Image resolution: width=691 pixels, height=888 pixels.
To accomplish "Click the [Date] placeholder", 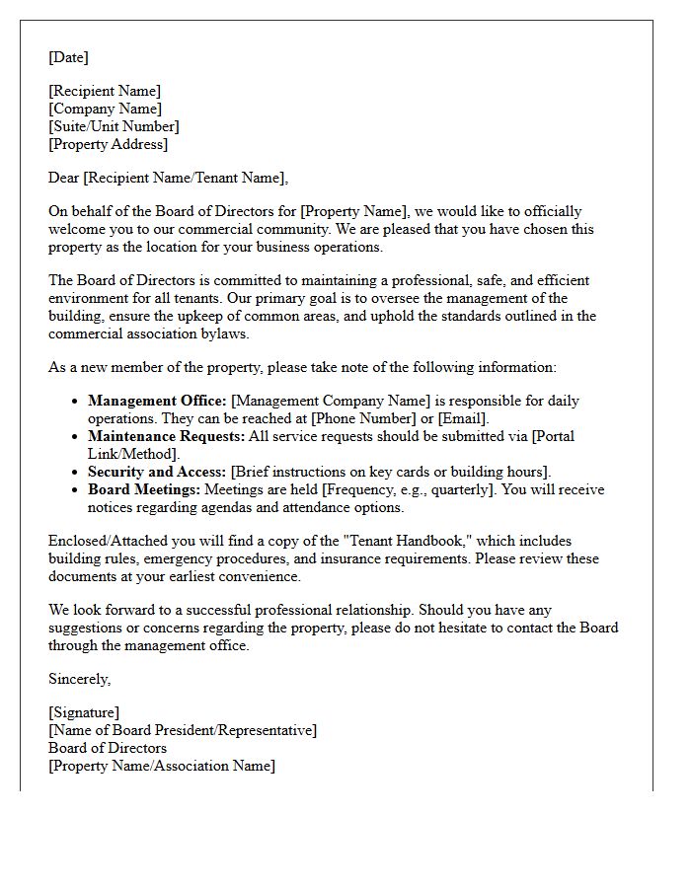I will tap(68, 57).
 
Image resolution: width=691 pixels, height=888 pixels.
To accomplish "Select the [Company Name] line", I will tap(106, 109).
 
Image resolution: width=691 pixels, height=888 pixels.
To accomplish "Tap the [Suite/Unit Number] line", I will tap(114, 126).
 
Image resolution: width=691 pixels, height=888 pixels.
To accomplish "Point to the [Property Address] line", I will tap(109, 144).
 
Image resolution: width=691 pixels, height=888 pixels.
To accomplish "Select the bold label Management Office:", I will tap(157, 401).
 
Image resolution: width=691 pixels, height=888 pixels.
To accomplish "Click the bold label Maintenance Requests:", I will tap(165, 436).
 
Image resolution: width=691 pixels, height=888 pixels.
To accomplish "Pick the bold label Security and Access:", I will tap(157, 472).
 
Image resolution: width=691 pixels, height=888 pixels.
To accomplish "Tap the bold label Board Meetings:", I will tap(144, 489).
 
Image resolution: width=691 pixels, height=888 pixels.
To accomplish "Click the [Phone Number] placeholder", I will tap(361, 418).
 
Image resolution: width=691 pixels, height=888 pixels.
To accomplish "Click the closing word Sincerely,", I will tap(80, 679).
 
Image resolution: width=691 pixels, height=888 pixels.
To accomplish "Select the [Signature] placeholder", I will tap(84, 712).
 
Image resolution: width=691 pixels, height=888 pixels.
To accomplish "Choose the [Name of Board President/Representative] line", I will tap(183, 730).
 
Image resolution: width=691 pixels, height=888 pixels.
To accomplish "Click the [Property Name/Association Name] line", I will tap(162, 766).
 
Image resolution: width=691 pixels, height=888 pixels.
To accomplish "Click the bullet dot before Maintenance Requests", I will tap(76, 437).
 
